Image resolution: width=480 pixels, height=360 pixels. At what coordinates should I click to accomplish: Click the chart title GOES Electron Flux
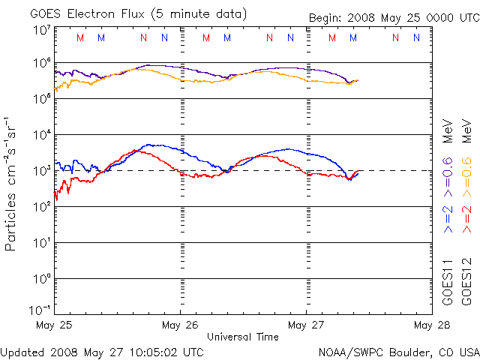(x=87, y=14)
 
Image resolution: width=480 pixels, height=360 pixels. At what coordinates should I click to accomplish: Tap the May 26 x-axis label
(x=180, y=325)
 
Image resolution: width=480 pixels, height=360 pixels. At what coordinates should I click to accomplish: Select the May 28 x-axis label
(x=432, y=325)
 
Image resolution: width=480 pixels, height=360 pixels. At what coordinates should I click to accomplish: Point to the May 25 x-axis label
(x=54, y=325)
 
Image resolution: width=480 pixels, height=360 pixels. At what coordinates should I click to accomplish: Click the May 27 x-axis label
(x=306, y=325)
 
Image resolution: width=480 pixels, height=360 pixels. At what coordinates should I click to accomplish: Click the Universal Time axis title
(x=243, y=337)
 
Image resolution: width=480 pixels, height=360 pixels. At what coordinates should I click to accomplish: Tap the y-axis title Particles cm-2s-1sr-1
(x=10, y=184)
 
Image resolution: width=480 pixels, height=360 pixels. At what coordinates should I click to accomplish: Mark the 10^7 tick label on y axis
(x=42, y=31)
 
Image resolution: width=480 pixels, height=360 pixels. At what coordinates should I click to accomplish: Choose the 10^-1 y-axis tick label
(x=40, y=310)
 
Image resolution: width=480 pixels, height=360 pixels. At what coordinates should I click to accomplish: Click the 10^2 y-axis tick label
(x=42, y=207)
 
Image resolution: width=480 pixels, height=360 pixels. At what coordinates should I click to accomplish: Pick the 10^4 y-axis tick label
(x=42, y=135)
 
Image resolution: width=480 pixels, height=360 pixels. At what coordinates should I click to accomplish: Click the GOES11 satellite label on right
(x=448, y=282)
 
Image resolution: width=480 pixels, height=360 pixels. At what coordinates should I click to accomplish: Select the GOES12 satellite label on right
(x=466, y=282)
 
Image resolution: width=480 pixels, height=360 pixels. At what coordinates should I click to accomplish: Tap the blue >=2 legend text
(x=448, y=219)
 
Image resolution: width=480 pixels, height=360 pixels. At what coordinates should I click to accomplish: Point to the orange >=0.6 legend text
(x=466, y=177)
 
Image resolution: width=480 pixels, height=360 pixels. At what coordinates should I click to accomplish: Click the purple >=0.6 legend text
(x=448, y=177)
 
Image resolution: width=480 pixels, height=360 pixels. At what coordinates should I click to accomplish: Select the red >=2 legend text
(x=466, y=219)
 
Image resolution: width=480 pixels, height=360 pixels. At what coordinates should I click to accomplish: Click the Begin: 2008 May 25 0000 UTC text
(x=394, y=18)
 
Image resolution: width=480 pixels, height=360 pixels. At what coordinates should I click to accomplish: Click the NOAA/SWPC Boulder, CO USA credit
(x=399, y=352)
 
